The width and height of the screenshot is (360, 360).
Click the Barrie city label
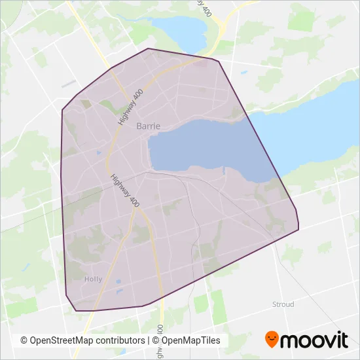[x=148, y=126]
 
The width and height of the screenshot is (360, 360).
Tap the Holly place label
[x=94, y=279]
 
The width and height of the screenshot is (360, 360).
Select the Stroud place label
[x=283, y=304]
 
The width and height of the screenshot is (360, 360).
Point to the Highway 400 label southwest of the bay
[x=125, y=191]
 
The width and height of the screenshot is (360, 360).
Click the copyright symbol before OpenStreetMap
[x=24, y=341]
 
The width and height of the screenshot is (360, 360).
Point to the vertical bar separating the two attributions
[x=149, y=341]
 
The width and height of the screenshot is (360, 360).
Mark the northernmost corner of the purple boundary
[x=149, y=48]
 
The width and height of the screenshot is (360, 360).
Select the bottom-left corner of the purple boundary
[x=77, y=310]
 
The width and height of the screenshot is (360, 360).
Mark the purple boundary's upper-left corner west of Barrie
[x=62, y=110]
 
